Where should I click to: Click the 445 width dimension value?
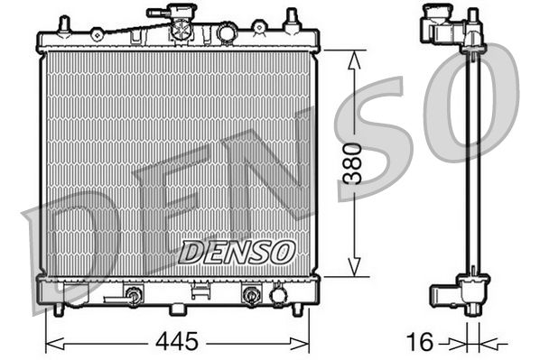point(177,341)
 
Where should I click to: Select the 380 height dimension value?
point(354,163)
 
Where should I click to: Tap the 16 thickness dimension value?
point(420,342)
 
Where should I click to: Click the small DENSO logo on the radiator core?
point(237,252)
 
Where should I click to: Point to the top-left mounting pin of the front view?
point(64,25)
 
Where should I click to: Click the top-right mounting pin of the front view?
point(292,21)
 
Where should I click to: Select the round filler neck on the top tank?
point(227,32)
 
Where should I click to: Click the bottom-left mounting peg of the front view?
point(59,309)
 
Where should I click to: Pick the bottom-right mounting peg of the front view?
point(297,309)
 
